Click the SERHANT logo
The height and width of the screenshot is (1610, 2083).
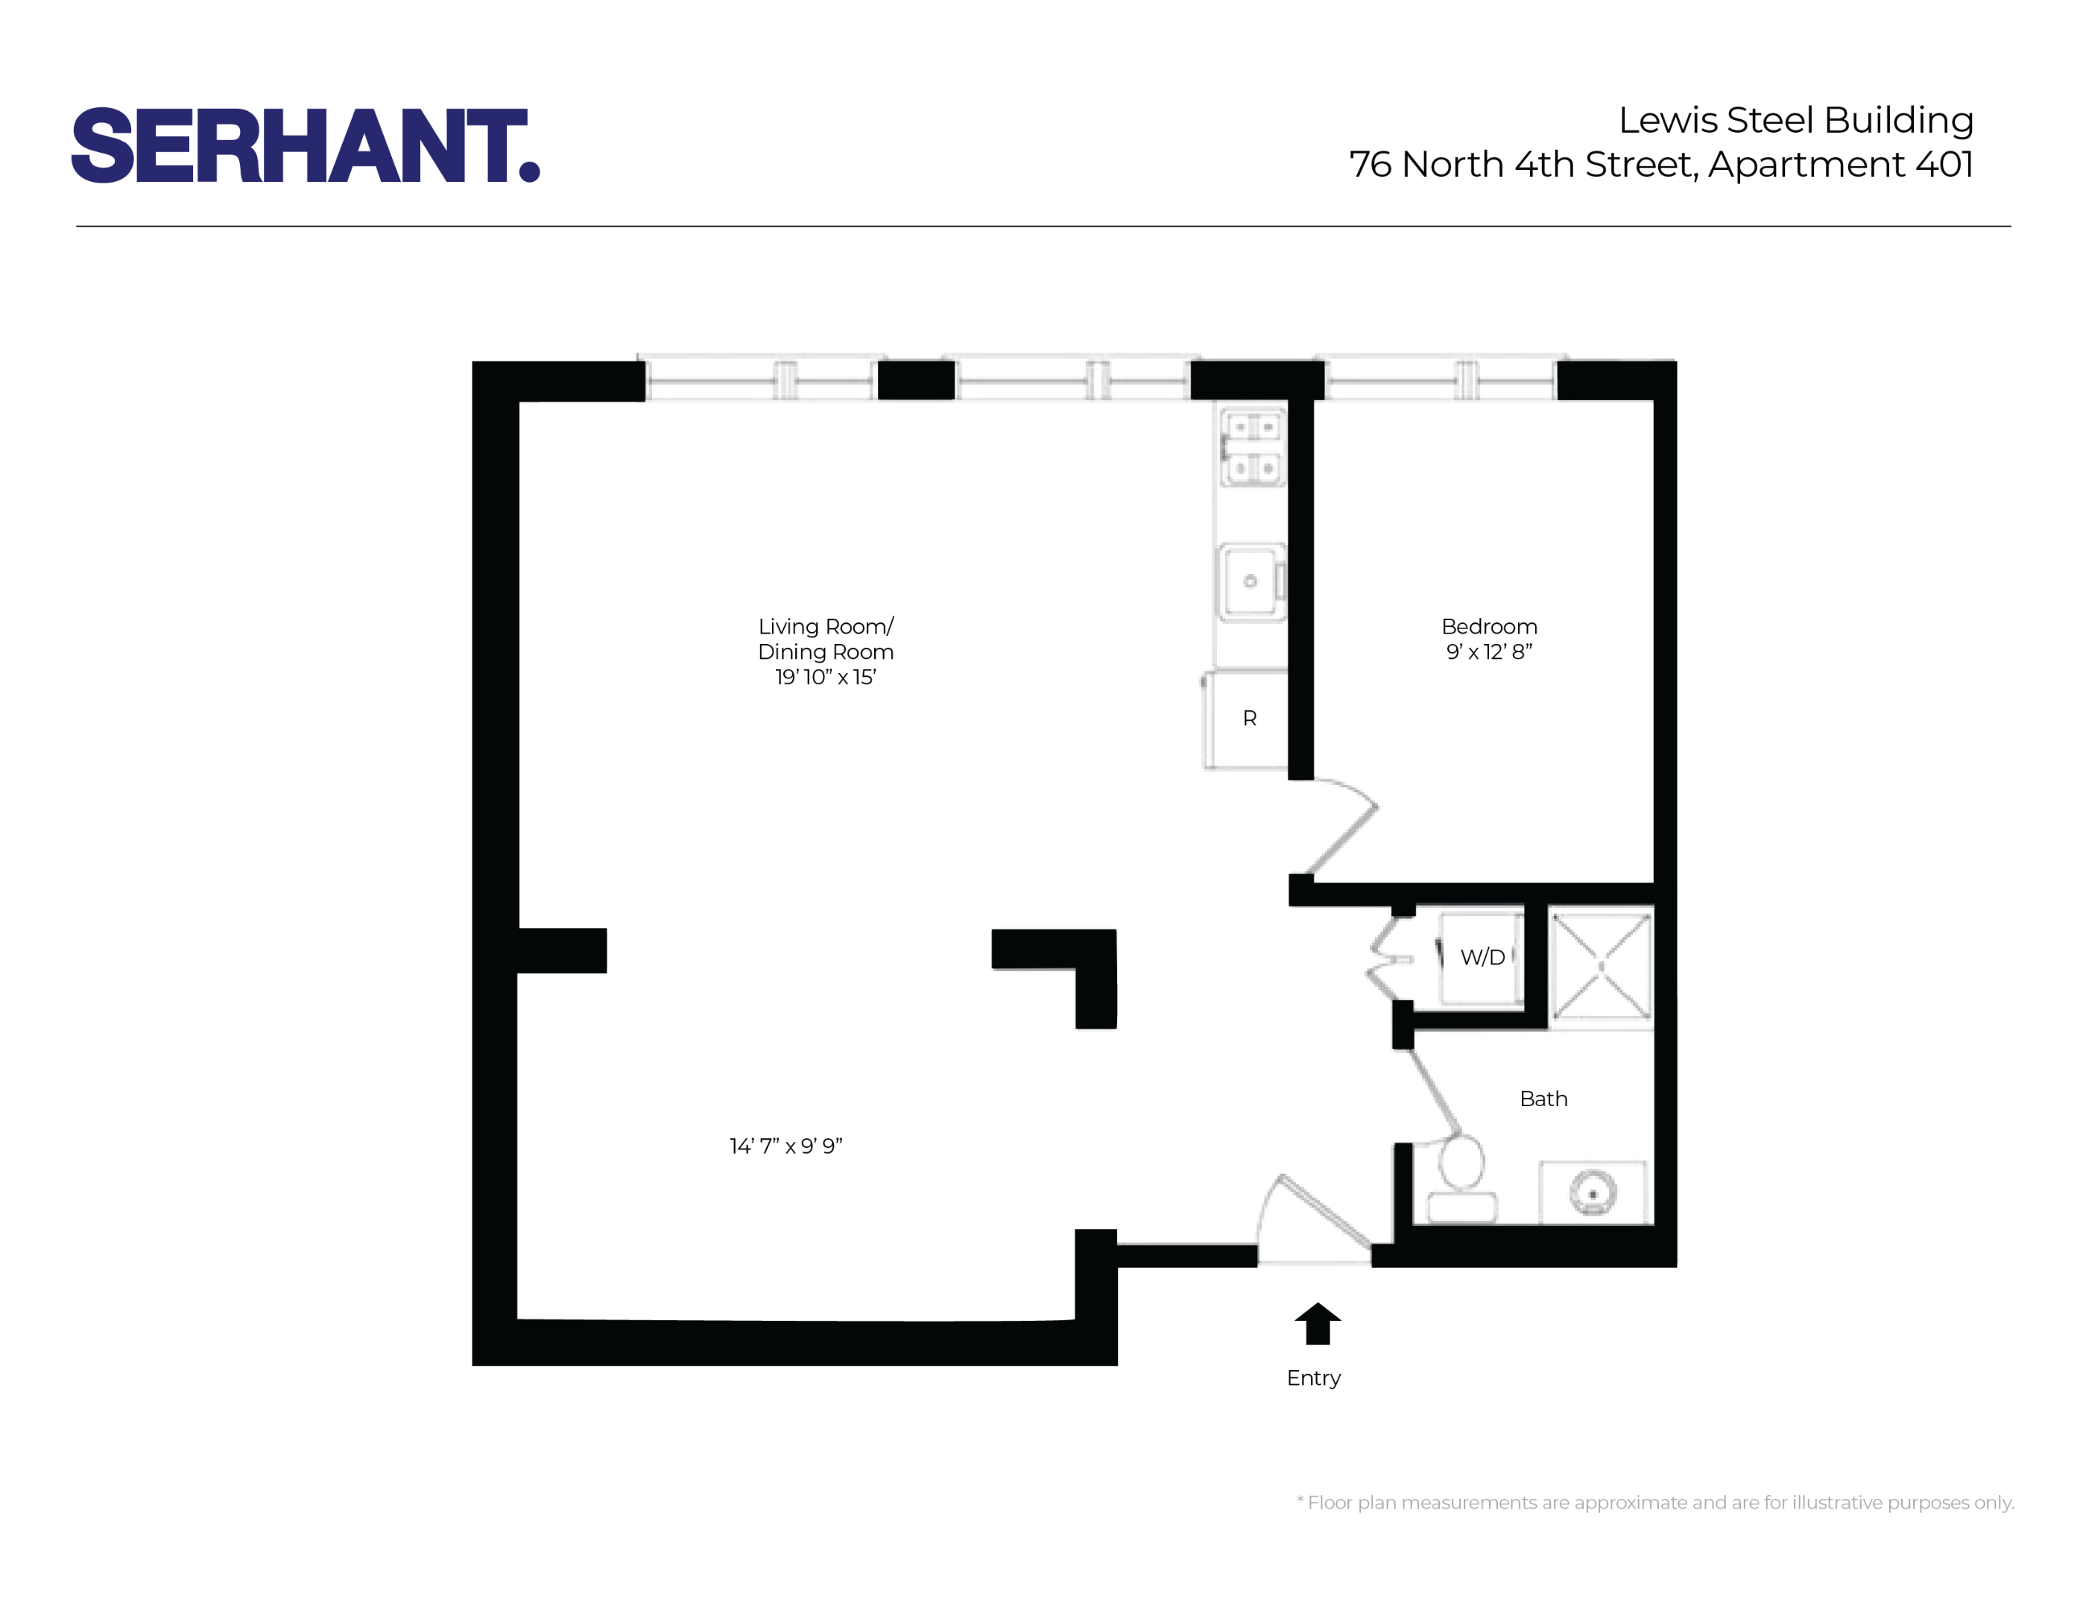pos(306,145)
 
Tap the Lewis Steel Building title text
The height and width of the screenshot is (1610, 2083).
pos(1795,120)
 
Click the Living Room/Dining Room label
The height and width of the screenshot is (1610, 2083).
pos(825,639)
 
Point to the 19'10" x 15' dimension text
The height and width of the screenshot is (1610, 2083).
pos(825,678)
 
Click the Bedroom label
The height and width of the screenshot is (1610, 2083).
pos(1489,627)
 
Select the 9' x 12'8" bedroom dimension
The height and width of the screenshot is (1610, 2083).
pos(1489,652)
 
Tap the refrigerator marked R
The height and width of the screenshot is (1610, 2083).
pos(1248,719)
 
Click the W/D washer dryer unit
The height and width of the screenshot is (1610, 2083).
pos(1481,956)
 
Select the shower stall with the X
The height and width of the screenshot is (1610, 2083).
pos(1600,966)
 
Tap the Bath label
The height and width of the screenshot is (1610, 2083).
pos(1543,1099)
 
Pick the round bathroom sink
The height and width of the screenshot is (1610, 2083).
pos(1592,1193)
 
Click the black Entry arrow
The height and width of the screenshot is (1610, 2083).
pos(1317,1323)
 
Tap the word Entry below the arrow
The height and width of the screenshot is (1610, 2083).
pos(1313,1377)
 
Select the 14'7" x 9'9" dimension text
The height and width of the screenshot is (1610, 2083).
pos(786,1146)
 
